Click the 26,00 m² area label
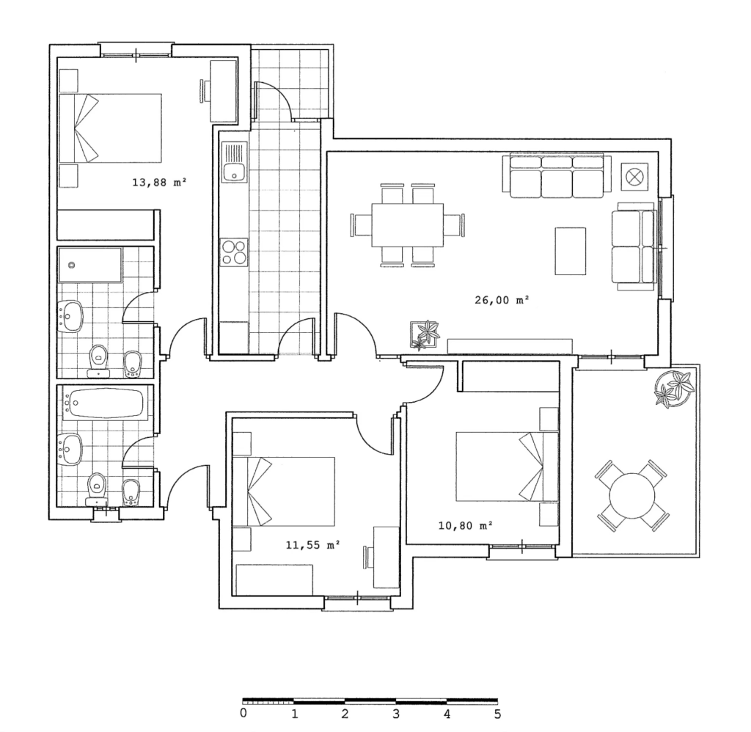point(502,301)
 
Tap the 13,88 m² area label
point(159,183)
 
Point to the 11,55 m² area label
point(312,545)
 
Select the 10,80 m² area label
point(466,526)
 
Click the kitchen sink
point(235,162)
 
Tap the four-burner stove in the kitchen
point(234,252)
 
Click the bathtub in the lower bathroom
point(103,403)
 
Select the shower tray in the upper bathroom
point(90,265)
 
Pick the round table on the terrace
point(632,496)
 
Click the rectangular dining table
point(408,224)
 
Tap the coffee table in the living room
point(571,251)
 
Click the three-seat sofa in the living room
point(557,176)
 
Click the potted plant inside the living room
point(425,334)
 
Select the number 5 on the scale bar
point(498,714)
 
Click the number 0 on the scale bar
point(243,714)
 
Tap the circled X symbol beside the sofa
point(634,176)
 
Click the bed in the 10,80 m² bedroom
point(507,467)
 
